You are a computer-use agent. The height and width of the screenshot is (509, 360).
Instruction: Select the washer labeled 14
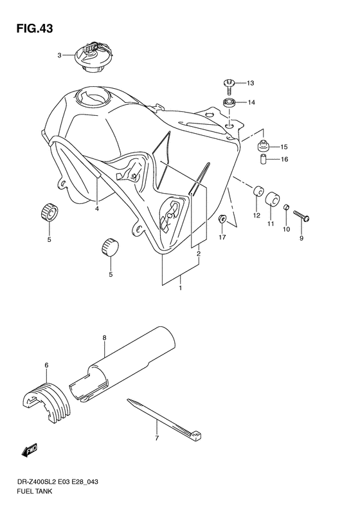(228, 102)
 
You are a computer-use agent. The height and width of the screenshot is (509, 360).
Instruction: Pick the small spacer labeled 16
(263, 160)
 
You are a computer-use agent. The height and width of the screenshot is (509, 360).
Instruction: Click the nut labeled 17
(222, 220)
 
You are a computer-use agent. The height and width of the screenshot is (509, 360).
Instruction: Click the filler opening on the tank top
(88, 98)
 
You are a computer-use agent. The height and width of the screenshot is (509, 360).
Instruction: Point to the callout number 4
(97, 208)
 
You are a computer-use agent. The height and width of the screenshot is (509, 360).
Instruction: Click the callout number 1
(181, 288)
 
